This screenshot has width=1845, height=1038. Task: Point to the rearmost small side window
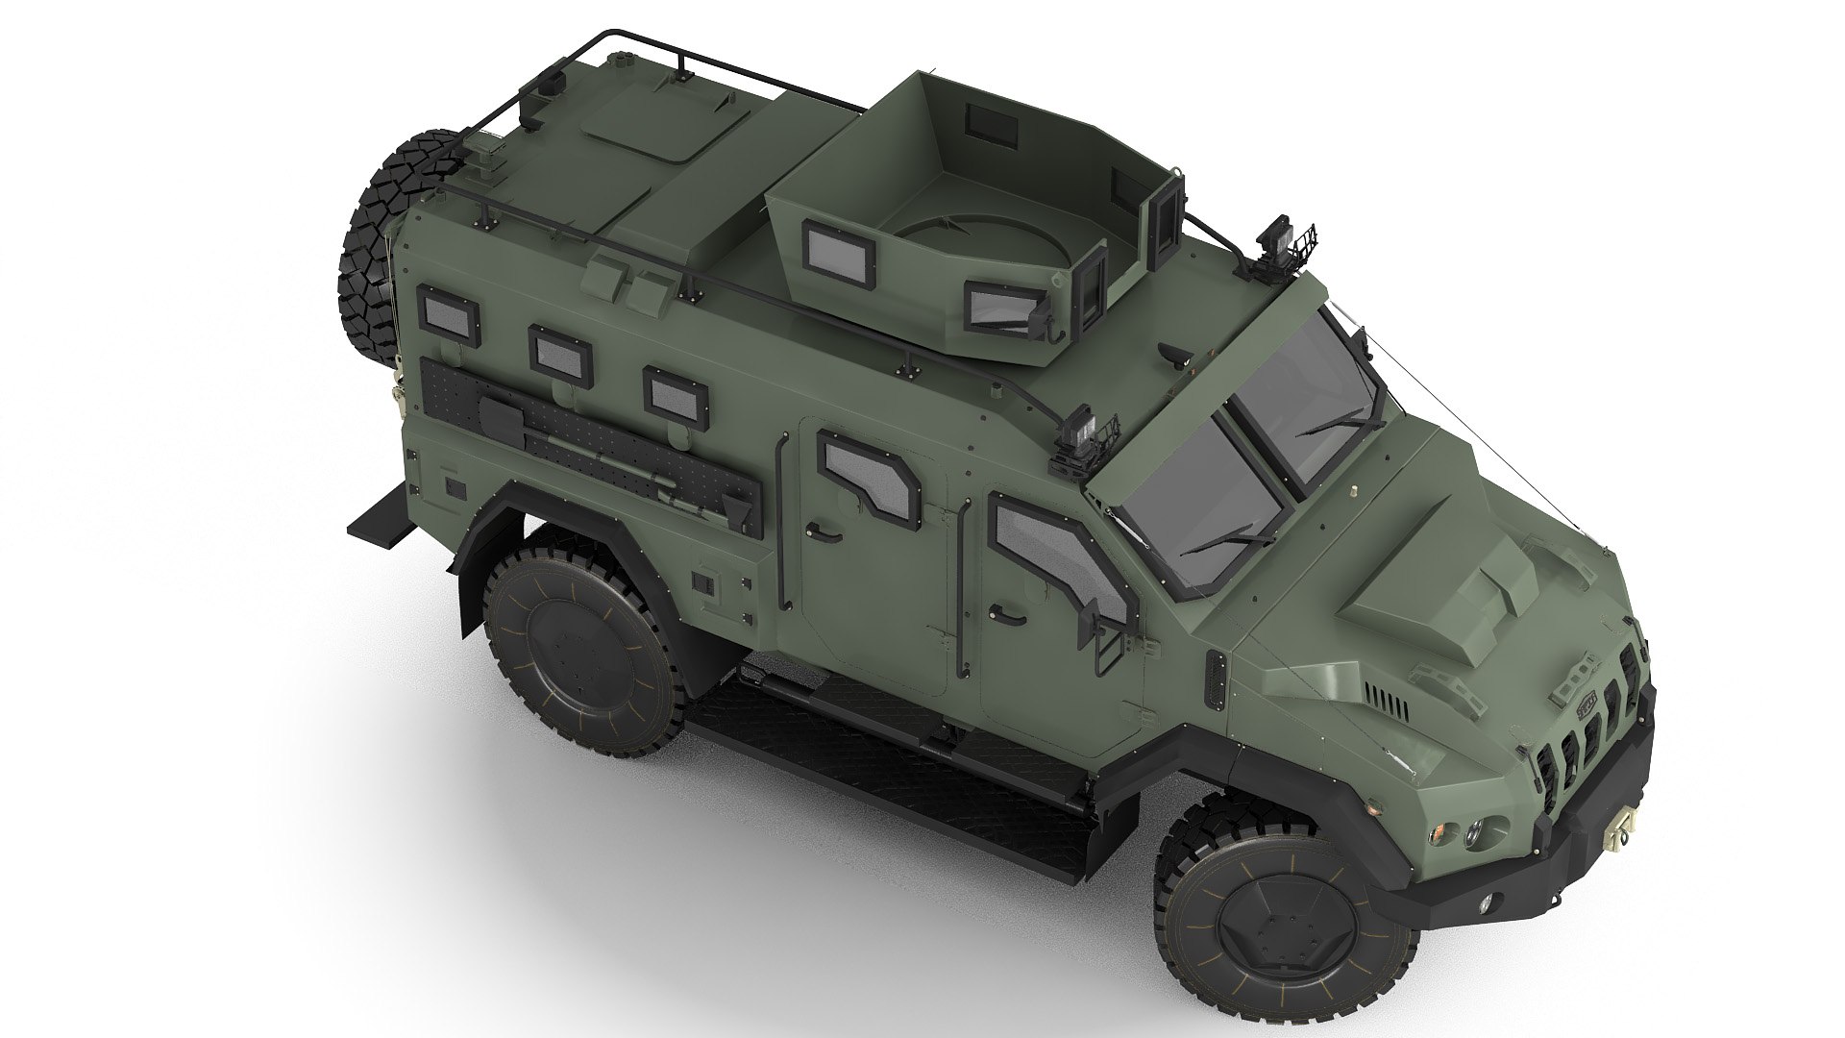[448, 316]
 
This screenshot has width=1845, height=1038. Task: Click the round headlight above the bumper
[1474, 834]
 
